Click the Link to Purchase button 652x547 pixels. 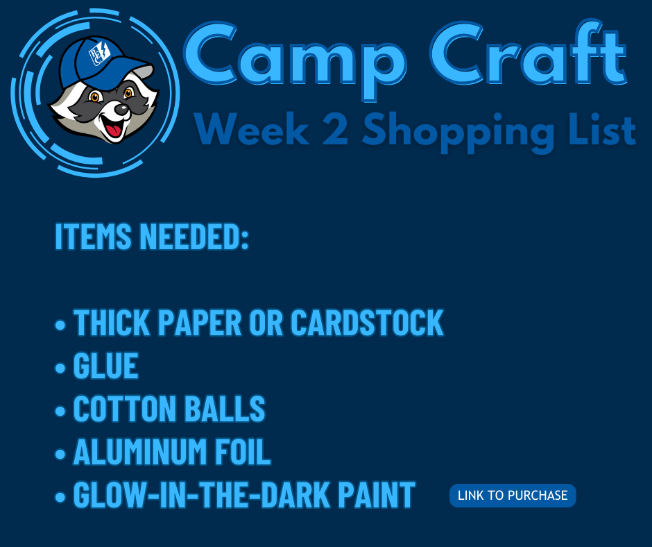[513, 496]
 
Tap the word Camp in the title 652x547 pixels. [294, 59]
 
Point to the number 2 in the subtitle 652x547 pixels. [335, 129]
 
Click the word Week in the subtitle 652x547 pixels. [252, 129]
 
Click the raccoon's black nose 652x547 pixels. [121, 110]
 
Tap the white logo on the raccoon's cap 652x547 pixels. [99, 53]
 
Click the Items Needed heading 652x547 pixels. [152, 237]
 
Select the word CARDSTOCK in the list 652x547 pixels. [367, 322]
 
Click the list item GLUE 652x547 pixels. [105, 366]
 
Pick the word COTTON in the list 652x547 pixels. [124, 408]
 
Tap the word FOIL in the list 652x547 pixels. [243, 451]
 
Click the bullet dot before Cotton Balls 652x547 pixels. [60, 410]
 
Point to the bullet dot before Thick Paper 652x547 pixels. [60, 325]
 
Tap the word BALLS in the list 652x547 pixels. [225, 408]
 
